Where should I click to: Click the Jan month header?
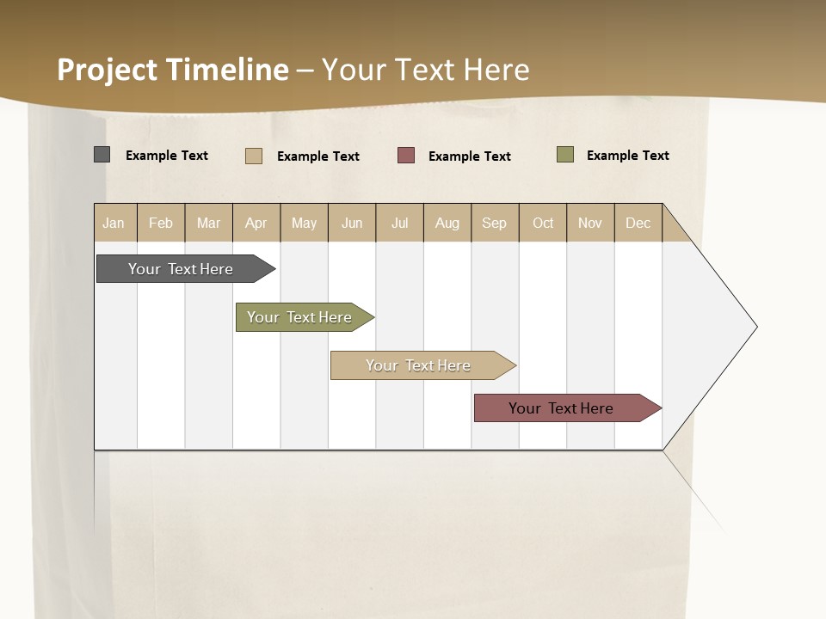point(114,223)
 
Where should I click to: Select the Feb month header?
point(161,223)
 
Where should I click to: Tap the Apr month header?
point(256,223)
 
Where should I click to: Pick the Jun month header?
point(352,223)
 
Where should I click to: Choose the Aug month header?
point(447,223)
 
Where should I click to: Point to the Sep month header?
point(495,223)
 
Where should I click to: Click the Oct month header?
point(543,223)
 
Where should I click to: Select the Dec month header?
point(638,223)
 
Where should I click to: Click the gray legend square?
point(102,155)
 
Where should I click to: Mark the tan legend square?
point(254,156)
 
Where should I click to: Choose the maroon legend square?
point(406,156)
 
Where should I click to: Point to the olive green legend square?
point(565,155)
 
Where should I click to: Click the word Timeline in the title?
point(227,70)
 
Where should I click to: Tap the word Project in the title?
point(108,70)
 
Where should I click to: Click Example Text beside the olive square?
point(628,156)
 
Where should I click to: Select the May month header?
point(304,223)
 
